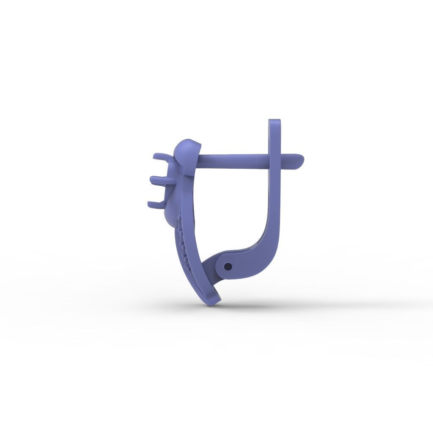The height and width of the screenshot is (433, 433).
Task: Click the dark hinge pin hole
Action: pyautogui.click(x=228, y=266)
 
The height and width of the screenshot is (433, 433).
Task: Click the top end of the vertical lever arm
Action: pyautogui.click(x=275, y=124)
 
